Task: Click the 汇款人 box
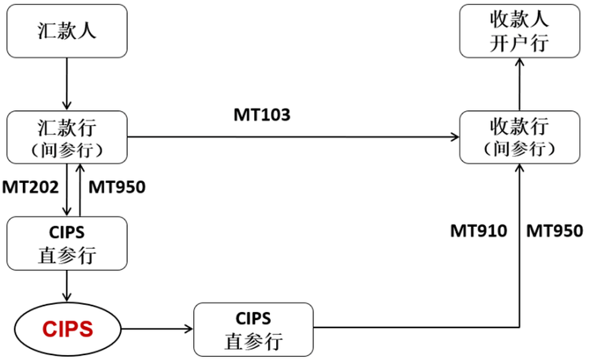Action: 67,31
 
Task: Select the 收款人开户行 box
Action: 520,31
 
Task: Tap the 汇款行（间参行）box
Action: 67,137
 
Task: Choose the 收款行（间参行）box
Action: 520,137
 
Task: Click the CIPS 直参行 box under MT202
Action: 67,243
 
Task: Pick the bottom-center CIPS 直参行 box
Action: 253,329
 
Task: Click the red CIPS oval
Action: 67,329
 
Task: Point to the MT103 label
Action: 262,115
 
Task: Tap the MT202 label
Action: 31,187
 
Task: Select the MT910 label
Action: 479,231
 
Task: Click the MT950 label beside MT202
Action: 117,187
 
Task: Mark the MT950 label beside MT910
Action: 555,231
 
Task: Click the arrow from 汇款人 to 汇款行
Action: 67,84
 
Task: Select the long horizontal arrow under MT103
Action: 293,137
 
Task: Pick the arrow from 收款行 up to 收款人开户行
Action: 520,84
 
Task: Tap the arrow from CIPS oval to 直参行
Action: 157,329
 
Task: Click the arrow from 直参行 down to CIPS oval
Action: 67,286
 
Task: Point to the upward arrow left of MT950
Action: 80,190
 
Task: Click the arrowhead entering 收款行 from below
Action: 520,168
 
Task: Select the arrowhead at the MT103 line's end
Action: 455,137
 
